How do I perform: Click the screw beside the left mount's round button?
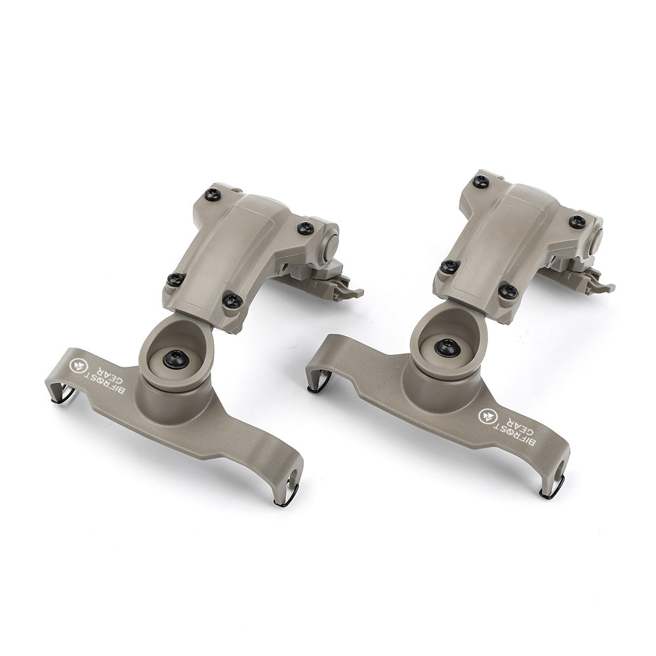coord(305,228)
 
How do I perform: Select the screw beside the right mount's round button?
coord(577,221)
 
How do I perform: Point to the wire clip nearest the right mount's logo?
coord(550,491)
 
